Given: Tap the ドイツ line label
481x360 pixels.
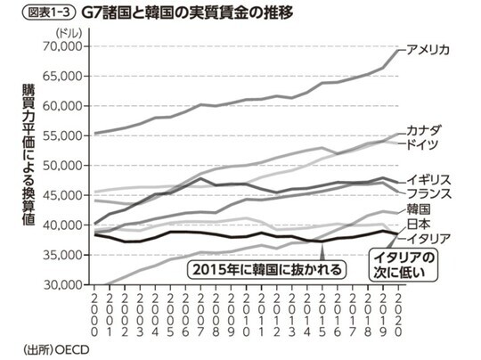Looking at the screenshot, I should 424,143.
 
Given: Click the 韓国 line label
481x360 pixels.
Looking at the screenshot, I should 419,209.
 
